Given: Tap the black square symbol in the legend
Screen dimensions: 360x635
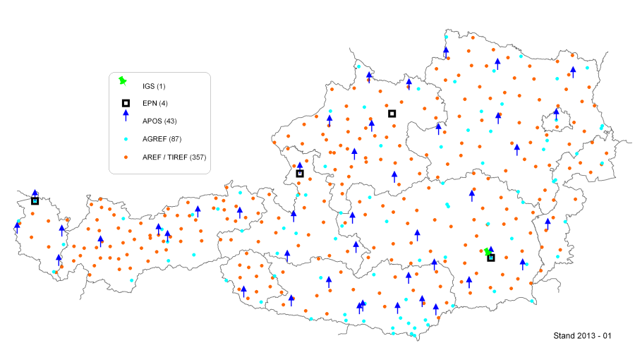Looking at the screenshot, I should coord(125,103).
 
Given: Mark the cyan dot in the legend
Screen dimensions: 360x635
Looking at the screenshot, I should coord(125,138).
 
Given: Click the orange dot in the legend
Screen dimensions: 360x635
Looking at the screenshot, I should coord(125,156).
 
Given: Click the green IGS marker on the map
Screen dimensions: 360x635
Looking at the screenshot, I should coord(487,251).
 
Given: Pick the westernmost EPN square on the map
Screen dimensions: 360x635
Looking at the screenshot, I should coord(35,201).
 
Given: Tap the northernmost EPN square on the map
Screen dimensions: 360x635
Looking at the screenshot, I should coord(392,114).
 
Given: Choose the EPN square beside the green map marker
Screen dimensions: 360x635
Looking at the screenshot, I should coord(491,258).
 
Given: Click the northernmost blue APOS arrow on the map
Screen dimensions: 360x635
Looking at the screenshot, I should coord(446,51).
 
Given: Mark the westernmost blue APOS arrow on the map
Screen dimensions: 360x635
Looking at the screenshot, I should coord(17,227).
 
